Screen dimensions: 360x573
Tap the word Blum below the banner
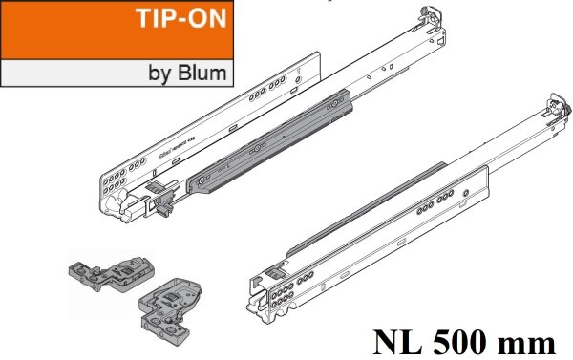click(x=203, y=72)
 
